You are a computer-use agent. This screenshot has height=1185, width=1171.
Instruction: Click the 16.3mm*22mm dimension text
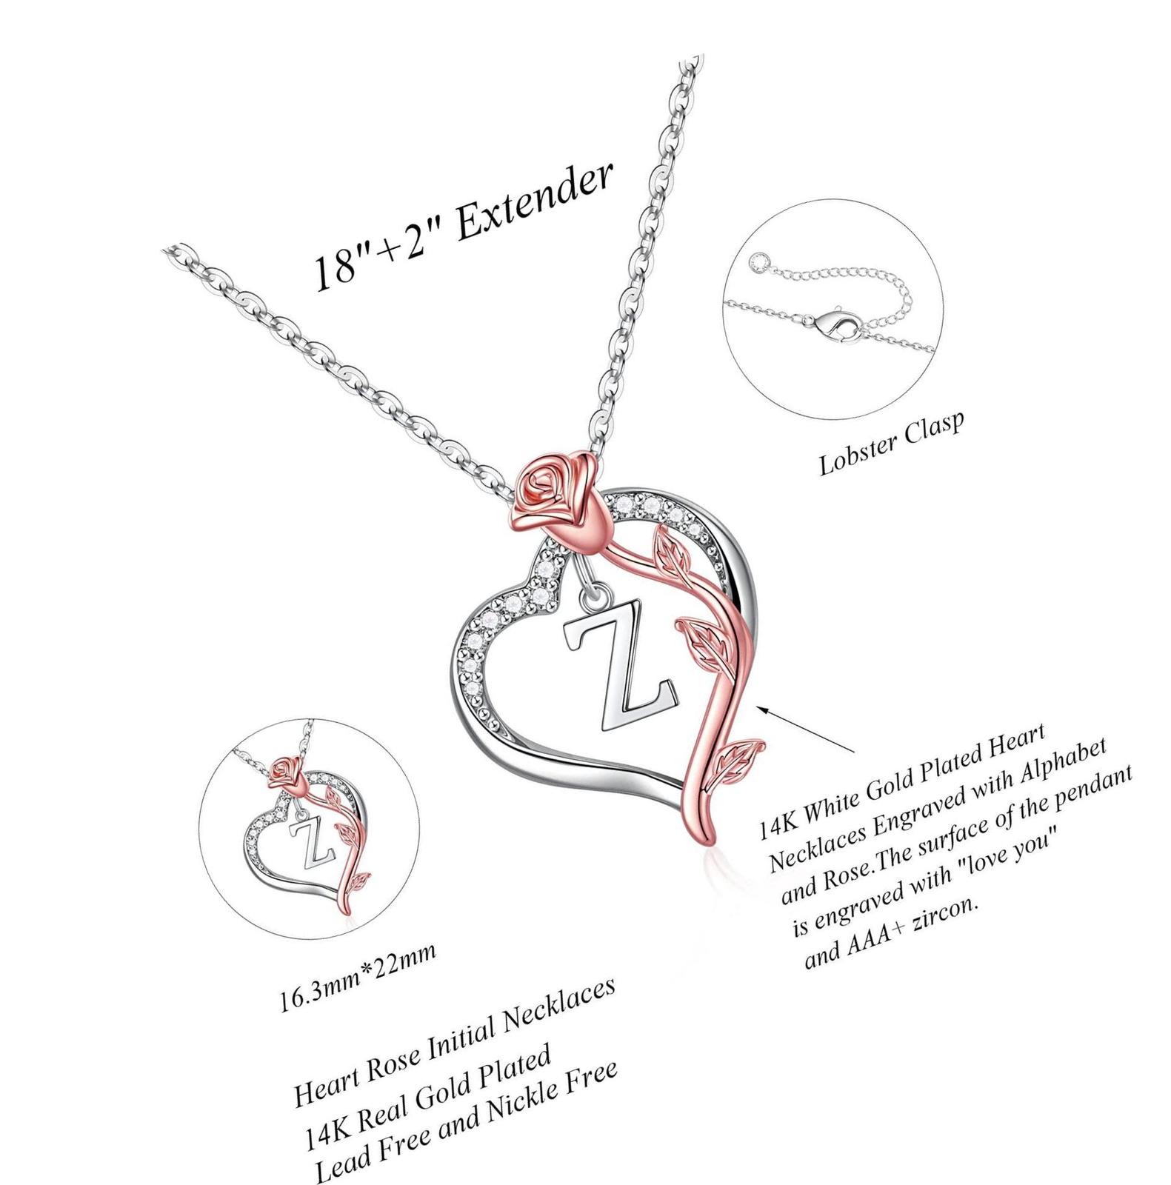pyautogui.click(x=357, y=977)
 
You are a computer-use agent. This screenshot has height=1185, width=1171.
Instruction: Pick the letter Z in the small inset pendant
pyautogui.click(x=313, y=837)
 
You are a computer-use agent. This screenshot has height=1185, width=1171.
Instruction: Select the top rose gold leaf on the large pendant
pyautogui.click(x=670, y=549)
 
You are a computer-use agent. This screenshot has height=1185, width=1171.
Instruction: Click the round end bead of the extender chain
pyautogui.click(x=756, y=261)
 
